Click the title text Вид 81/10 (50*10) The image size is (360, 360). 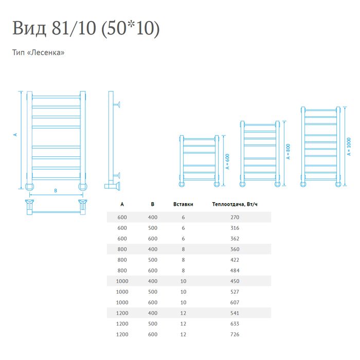(x=86, y=28)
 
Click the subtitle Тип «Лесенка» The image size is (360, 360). (x=39, y=52)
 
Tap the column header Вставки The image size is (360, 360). (x=183, y=204)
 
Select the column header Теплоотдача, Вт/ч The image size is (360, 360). (x=235, y=204)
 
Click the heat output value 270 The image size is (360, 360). (x=235, y=217)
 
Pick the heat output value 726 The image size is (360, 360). (x=235, y=334)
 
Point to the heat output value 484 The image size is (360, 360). (x=235, y=271)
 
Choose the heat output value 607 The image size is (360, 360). (x=235, y=302)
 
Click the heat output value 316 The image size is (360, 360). (x=235, y=228)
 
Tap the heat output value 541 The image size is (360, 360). (x=235, y=313)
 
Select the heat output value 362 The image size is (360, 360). (x=235, y=239)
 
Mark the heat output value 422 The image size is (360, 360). (x=235, y=260)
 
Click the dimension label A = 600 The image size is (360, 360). (x=227, y=161)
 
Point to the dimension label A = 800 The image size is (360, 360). (x=288, y=152)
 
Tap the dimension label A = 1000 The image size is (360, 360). (x=349, y=147)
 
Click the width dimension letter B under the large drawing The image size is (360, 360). (x=56, y=191)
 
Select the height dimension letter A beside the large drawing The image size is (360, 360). (x=15, y=135)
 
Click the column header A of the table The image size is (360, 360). (x=122, y=204)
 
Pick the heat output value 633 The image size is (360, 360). (x=235, y=323)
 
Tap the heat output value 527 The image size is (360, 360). (x=235, y=292)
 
